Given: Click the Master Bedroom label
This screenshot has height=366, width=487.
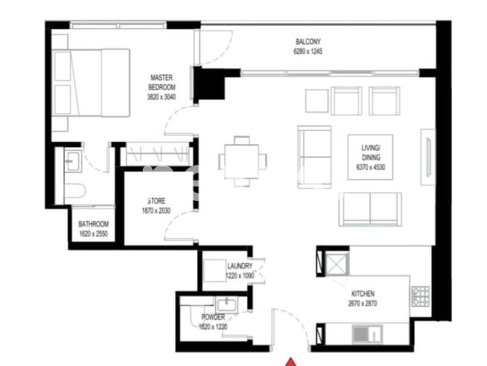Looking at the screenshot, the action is [162, 82].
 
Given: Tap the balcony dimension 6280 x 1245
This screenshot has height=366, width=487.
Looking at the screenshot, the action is [308, 51].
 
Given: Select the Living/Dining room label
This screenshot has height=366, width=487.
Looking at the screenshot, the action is [371, 152].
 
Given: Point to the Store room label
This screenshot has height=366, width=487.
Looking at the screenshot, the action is [156, 201].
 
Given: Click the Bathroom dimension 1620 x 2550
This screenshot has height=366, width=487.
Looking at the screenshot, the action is [93, 234].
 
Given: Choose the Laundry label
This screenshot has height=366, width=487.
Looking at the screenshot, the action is [240, 266].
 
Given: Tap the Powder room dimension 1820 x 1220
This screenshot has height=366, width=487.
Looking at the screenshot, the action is [213, 327].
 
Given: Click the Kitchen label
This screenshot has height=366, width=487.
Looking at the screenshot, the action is [363, 293].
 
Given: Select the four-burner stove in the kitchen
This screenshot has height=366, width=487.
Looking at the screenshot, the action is [421, 296].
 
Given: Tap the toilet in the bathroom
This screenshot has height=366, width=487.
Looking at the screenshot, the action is [74, 190].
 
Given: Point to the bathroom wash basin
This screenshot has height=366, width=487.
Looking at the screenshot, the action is [73, 161].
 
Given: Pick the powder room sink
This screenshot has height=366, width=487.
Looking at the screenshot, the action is [227, 305].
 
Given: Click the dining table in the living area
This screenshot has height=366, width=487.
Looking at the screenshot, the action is [242, 162].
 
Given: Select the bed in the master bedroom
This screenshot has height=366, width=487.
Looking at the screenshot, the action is [91, 83].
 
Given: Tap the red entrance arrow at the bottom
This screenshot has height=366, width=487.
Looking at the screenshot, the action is [290, 362].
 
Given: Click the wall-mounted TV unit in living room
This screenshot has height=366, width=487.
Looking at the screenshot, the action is [428, 157].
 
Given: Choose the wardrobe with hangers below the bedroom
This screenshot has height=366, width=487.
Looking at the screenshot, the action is [158, 154].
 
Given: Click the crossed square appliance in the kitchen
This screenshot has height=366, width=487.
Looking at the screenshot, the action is [336, 264].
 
